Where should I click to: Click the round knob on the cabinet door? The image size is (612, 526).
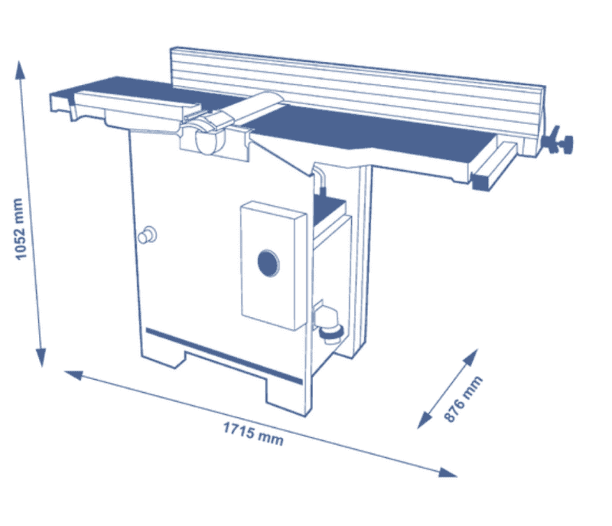tap(146, 234)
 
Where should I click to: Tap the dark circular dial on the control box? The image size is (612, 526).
tap(268, 264)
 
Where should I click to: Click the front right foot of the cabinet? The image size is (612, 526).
tap(287, 394)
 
